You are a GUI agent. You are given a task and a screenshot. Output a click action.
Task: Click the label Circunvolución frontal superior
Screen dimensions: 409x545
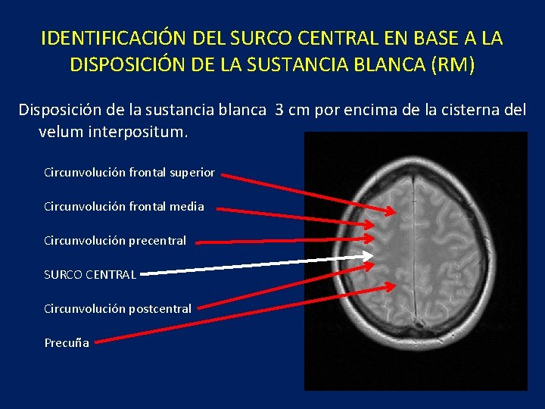pyautogui.click(x=129, y=173)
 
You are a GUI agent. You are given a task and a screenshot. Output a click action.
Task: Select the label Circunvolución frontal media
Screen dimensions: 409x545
pyautogui.click(x=123, y=206)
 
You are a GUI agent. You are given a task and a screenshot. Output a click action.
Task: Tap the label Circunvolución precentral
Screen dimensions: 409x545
pyautogui.click(x=115, y=241)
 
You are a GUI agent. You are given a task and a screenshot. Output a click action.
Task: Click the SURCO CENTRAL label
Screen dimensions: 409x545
pyautogui.click(x=90, y=274)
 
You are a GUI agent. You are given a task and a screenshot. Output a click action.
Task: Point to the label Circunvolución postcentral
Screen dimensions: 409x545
pyautogui.click(x=117, y=308)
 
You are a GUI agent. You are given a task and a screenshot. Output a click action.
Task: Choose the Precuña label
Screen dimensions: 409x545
pyautogui.click(x=67, y=342)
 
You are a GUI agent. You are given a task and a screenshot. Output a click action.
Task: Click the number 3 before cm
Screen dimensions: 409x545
pyautogui.click(x=280, y=110)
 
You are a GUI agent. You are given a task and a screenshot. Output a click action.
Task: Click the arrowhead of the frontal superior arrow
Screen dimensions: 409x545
pyautogui.click(x=388, y=207)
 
